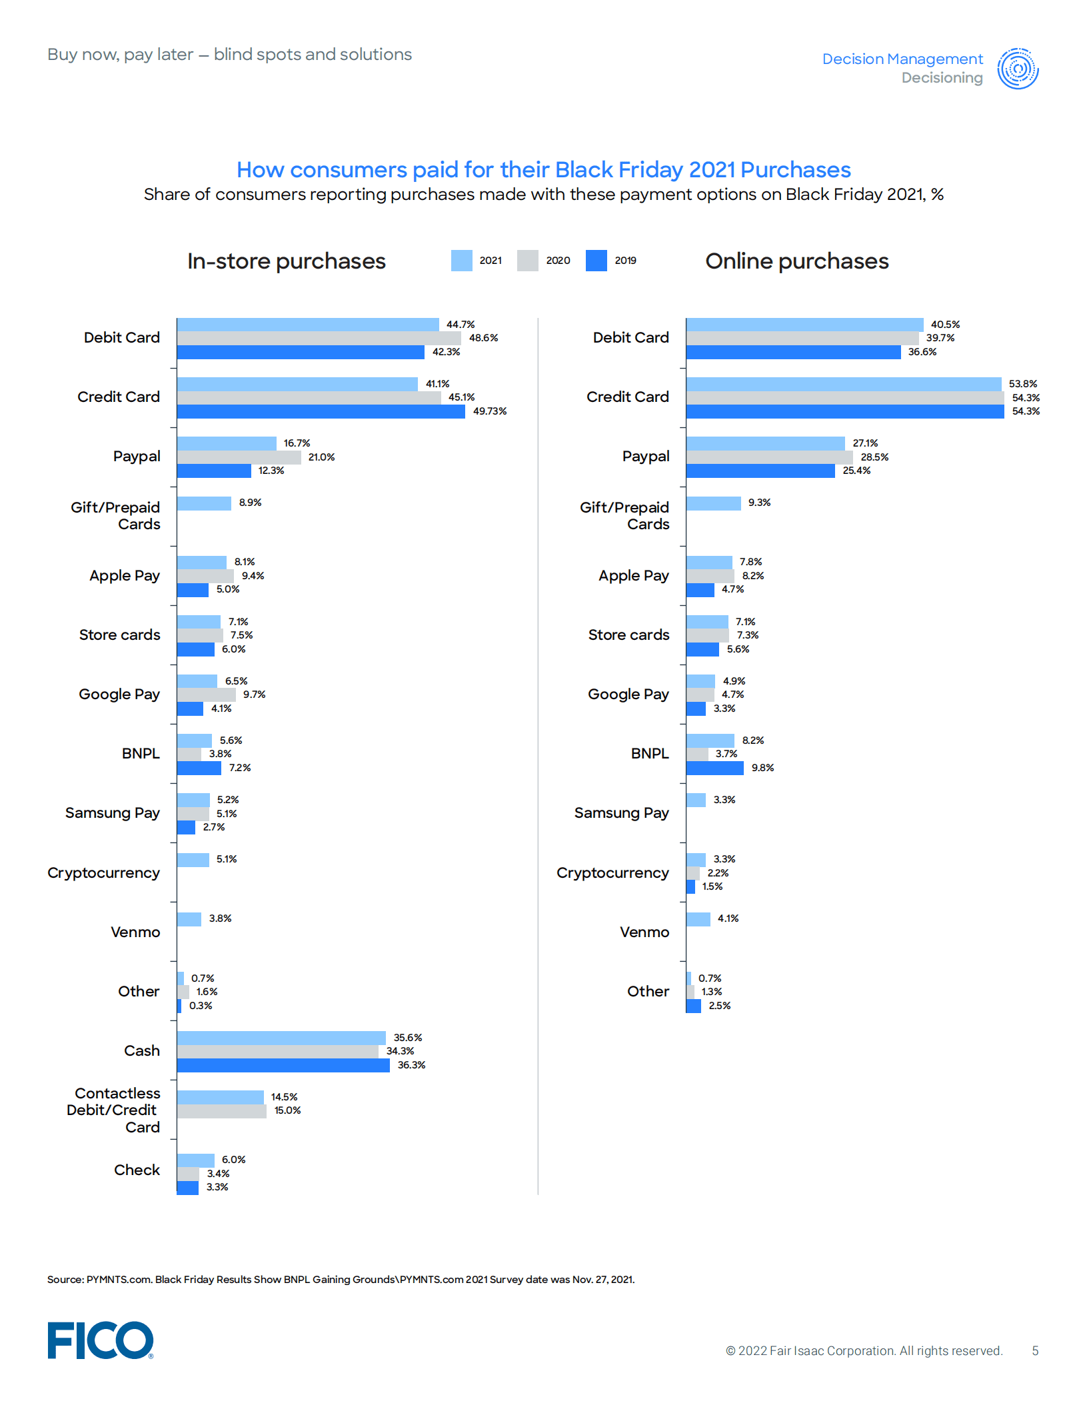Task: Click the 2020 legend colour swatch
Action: click(x=527, y=261)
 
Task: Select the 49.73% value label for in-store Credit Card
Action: click(x=490, y=411)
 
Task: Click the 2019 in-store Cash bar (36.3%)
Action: click(x=283, y=1065)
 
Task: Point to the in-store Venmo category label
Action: click(x=135, y=932)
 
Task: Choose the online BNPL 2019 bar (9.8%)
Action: click(x=714, y=768)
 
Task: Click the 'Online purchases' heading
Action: click(x=796, y=261)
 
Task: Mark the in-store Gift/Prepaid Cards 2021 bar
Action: click(x=204, y=503)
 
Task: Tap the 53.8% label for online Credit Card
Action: click(x=1022, y=384)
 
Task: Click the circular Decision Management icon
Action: click(x=1018, y=68)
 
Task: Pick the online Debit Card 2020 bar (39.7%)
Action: click(x=802, y=339)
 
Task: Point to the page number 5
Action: click(x=1035, y=1350)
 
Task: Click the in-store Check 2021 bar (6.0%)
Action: click(x=195, y=1160)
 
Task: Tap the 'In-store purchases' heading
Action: click(x=286, y=261)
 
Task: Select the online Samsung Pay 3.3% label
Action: click(x=724, y=800)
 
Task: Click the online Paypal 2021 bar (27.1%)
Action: click(x=765, y=444)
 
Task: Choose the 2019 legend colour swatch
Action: click(x=596, y=261)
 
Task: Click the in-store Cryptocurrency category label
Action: click(x=103, y=872)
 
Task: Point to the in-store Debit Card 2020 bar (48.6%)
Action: click(x=319, y=339)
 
